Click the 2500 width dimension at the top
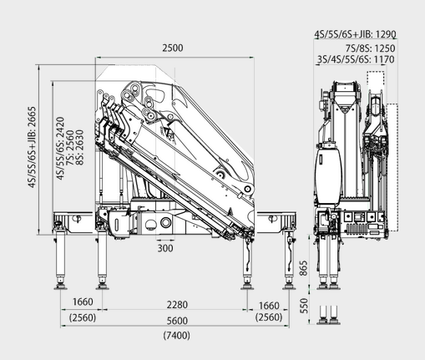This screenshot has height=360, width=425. (x=173, y=48)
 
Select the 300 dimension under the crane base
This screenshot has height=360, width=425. (x=165, y=248)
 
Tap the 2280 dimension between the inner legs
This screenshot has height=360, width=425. (x=177, y=305)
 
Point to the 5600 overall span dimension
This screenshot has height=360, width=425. (x=177, y=321)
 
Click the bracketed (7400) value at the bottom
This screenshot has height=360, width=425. (x=177, y=335)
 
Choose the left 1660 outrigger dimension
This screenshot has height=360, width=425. (x=83, y=302)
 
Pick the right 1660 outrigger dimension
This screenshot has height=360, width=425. (x=269, y=306)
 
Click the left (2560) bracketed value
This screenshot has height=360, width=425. (x=83, y=317)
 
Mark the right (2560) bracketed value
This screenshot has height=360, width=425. (x=269, y=317)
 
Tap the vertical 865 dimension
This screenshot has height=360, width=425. (x=304, y=268)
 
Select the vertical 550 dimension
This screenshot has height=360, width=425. (x=305, y=306)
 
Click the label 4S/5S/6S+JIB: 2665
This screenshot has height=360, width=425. (x=33, y=147)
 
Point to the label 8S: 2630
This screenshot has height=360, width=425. (x=79, y=147)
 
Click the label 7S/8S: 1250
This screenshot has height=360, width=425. (x=371, y=48)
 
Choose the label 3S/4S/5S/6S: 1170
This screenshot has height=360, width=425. (x=356, y=59)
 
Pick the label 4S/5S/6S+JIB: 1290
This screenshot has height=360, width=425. (x=356, y=34)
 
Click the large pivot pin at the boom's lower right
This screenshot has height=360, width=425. (x=247, y=190)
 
